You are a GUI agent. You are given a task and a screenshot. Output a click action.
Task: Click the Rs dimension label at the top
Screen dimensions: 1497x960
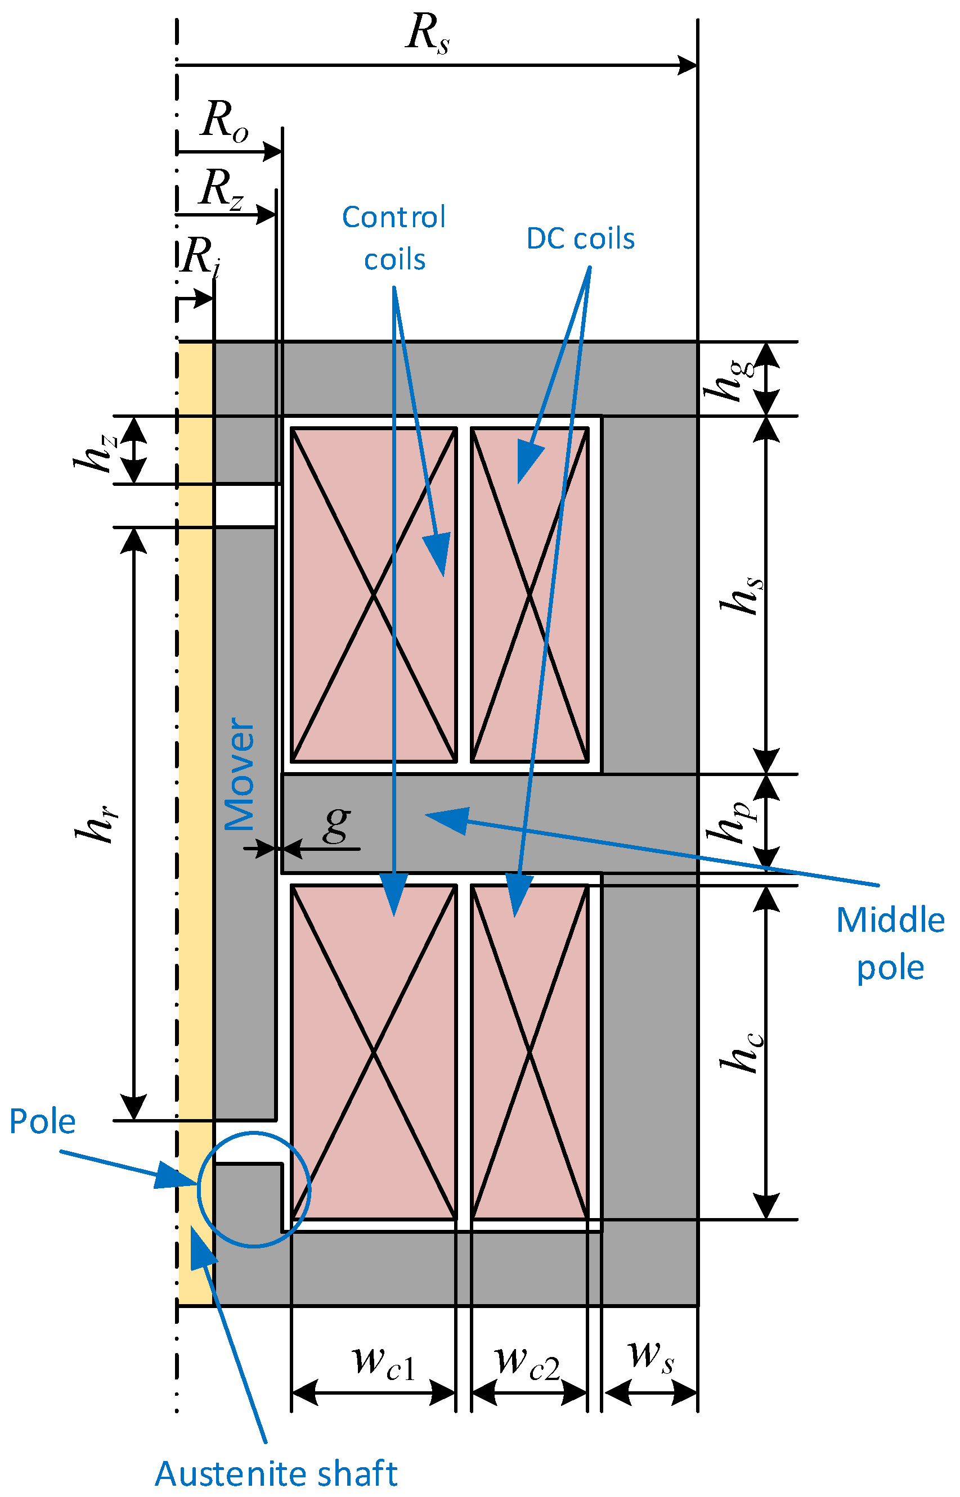coord(428,34)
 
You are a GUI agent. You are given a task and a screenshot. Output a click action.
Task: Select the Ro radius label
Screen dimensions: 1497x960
coord(224,121)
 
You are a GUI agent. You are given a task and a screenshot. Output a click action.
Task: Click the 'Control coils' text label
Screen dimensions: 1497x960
coord(394,238)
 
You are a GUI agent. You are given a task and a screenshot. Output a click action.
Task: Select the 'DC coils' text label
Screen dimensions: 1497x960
coord(580,238)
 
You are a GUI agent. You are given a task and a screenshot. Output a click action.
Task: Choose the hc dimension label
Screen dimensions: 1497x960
coord(741,1053)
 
